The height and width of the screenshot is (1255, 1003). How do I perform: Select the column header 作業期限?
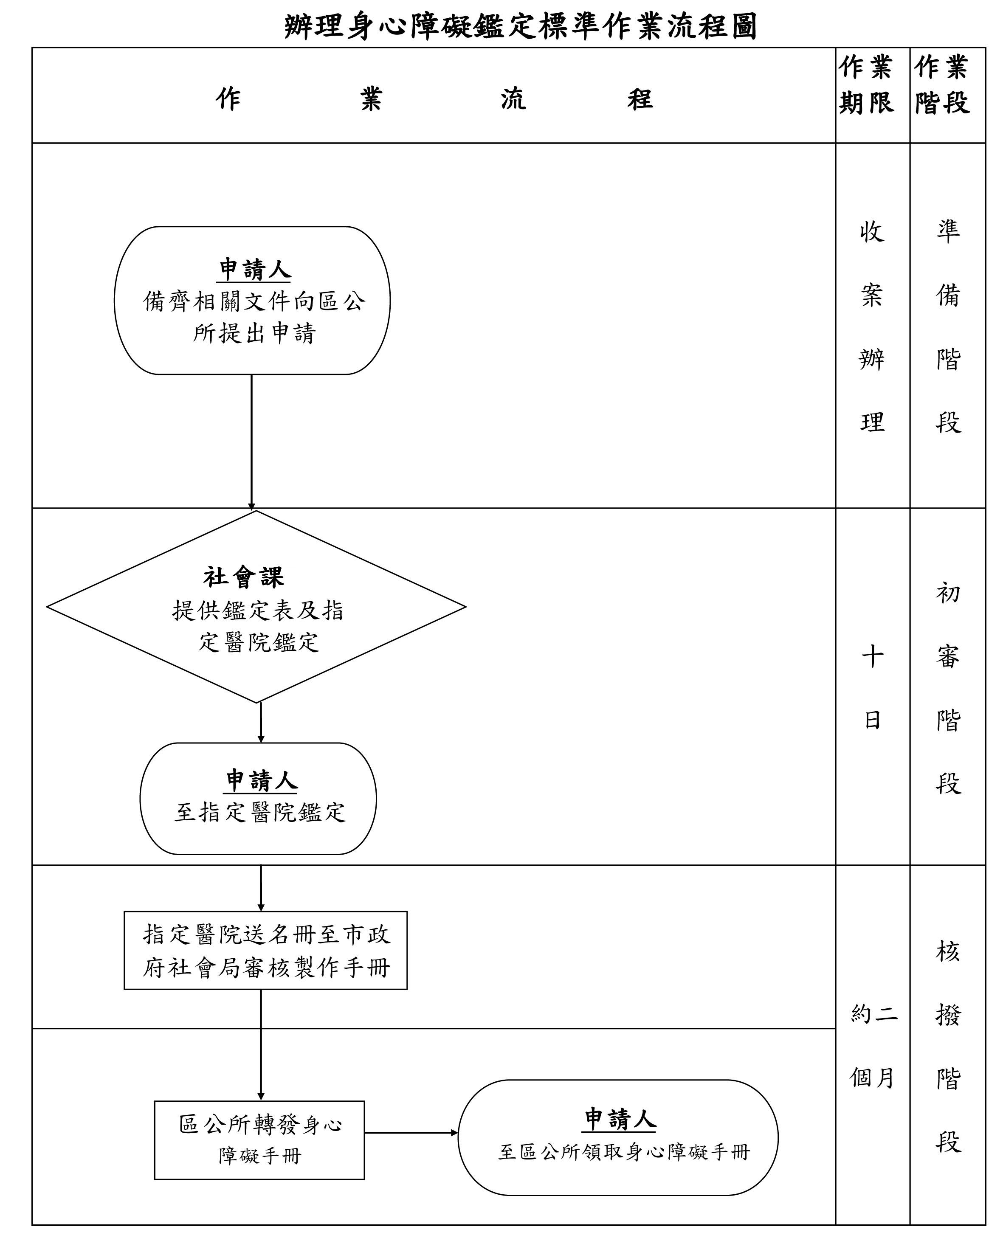[865, 85]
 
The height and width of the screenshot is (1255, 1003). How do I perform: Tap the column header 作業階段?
[941, 85]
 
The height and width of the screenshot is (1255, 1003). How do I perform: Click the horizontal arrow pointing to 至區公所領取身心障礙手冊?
[410, 1133]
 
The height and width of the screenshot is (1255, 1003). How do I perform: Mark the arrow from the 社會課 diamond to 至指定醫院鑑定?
[261, 722]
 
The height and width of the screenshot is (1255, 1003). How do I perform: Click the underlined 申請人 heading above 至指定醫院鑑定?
[261, 780]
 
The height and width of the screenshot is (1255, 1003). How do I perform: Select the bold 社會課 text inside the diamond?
[244, 577]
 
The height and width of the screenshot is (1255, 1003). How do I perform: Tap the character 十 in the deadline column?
[872, 656]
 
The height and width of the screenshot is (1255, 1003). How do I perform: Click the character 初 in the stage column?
[948, 593]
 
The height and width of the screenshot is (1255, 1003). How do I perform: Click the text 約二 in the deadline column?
[873, 1015]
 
